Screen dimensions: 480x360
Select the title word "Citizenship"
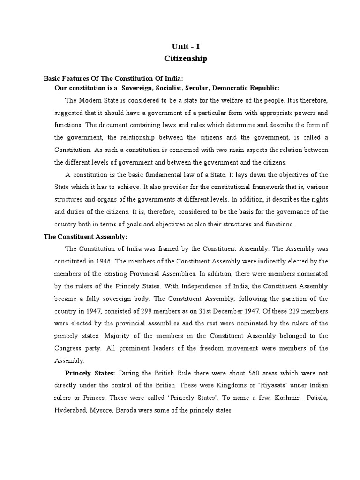pos(186,59)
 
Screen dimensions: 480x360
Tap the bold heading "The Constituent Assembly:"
pos(85,237)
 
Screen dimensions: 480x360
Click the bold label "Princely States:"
pos(90,373)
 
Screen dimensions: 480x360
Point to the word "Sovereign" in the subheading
pos(144,88)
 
